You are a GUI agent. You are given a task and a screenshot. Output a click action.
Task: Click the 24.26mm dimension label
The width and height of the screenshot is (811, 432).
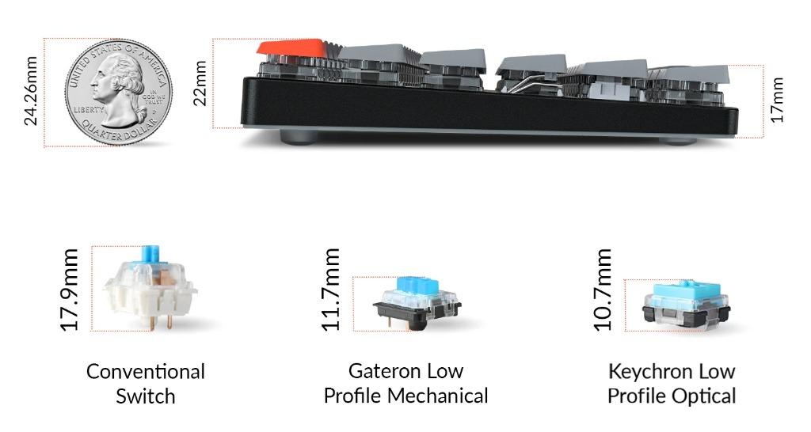pyautogui.click(x=31, y=91)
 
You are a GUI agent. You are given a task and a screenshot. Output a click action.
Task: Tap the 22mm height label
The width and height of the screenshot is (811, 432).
pyautogui.click(x=200, y=83)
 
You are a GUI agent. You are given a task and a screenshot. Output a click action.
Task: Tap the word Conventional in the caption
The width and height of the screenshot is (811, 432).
pyautogui.click(x=146, y=371)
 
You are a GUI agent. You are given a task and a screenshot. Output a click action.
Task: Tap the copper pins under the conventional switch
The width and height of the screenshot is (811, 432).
pyautogui.click(x=158, y=323)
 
